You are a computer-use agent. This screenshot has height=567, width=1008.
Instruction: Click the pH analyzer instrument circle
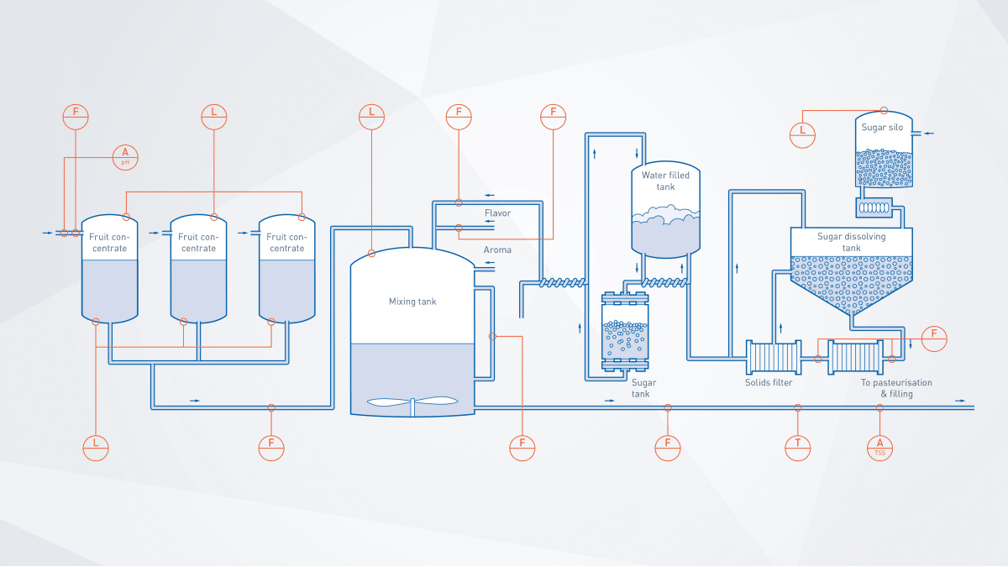pos(125,156)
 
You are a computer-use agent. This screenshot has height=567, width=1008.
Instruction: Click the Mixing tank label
pos(412,301)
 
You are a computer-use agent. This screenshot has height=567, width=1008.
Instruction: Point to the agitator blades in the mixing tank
pos(412,402)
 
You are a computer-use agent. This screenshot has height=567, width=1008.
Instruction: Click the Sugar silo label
pos(882,127)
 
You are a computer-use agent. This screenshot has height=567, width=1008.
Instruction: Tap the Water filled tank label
pos(664,181)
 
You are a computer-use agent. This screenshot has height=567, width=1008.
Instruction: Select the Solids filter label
pos(769,383)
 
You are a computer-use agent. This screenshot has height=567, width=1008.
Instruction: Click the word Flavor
pos(497,213)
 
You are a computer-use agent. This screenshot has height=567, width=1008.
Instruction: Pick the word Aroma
pos(497,250)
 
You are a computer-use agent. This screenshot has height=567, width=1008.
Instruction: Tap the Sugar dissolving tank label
pos(851,242)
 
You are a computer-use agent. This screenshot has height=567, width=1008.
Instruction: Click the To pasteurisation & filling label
pos(896,388)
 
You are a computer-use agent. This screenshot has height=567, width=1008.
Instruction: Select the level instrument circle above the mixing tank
pos(371,116)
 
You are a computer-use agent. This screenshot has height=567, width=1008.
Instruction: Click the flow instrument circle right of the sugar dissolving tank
pos(933,338)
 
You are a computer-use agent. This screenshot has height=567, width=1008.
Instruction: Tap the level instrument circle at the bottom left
pos(97,448)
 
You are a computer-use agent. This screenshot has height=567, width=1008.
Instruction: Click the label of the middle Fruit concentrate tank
pos(198,242)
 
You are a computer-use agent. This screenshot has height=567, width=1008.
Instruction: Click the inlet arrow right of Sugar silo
pos(927,133)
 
